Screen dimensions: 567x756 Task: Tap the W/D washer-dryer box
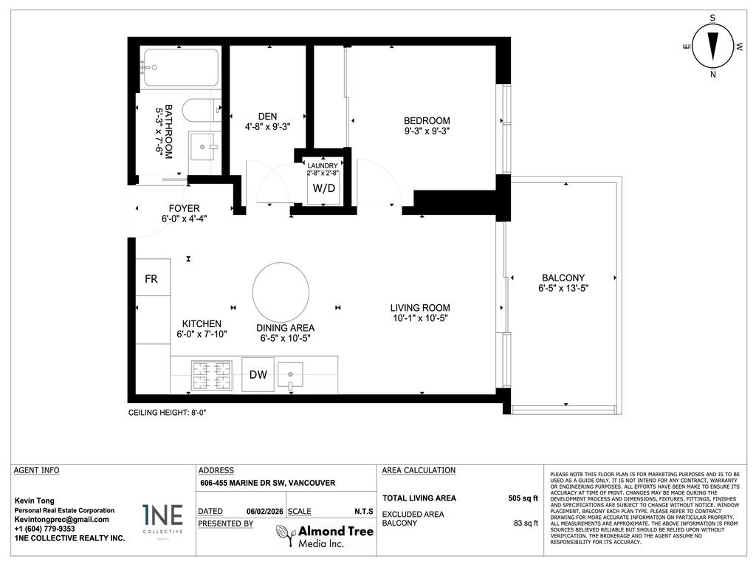(323, 188)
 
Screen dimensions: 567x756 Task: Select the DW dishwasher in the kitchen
(258, 374)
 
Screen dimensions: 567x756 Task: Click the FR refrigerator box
(151, 280)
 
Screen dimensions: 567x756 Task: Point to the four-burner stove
(211, 375)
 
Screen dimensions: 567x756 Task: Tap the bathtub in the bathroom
(180, 68)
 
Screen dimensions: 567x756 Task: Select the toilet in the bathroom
(199, 111)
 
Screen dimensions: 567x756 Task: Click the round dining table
(281, 290)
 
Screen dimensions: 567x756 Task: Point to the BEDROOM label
(426, 121)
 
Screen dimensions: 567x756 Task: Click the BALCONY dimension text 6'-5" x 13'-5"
(563, 289)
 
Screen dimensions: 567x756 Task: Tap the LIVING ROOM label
(420, 308)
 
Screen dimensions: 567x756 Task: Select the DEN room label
(267, 116)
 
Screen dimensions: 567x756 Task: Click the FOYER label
(184, 209)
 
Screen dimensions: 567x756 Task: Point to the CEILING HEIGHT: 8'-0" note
(167, 413)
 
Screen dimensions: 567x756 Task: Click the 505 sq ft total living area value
(523, 498)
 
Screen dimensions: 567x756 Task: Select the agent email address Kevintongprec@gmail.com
(62, 520)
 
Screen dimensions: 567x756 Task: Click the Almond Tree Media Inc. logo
(325, 537)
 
